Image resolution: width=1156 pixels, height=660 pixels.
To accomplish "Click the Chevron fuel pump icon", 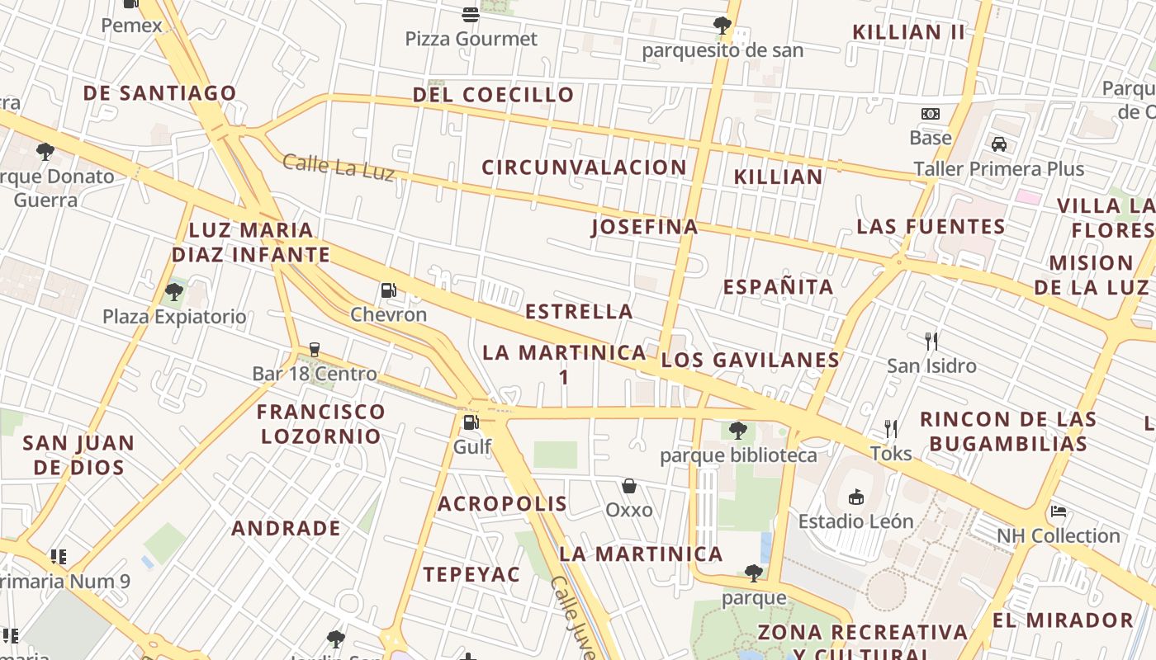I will click(388, 290).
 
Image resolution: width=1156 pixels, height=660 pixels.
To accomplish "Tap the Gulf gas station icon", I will click(471, 422).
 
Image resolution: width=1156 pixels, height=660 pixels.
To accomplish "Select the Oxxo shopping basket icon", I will click(629, 486).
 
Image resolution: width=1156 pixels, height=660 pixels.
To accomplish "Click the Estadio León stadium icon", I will click(856, 497).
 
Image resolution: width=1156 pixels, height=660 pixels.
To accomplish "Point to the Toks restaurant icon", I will click(891, 428).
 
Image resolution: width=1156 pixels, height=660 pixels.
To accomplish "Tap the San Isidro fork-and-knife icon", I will click(931, 341).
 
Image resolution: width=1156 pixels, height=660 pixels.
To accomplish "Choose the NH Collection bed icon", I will click(1059, 511).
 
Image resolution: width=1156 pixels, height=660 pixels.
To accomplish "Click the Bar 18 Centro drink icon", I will click(314, 349).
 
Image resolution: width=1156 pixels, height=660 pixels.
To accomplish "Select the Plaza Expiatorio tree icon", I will click(174, 291).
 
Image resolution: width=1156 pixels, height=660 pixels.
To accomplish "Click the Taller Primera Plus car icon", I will click(999, 144).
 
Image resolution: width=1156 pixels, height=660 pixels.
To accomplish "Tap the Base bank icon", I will click(931, 114).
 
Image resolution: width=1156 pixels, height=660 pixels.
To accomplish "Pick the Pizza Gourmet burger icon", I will click(471, 14).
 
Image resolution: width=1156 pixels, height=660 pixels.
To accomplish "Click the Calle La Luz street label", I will click(338, 166).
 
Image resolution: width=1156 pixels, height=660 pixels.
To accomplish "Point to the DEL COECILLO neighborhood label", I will click(493, 95).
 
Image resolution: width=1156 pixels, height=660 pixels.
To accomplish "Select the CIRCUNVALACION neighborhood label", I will click(584, 167).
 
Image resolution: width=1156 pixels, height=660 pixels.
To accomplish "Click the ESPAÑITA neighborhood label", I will click(778, 287).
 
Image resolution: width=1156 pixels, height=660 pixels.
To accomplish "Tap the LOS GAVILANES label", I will click(750, 360).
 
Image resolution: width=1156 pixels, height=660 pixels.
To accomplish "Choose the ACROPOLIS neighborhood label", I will click(502, 504).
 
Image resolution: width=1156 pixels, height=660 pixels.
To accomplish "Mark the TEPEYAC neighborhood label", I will click(471, 575).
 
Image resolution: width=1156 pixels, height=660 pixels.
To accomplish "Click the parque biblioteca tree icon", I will click(738, 430).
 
